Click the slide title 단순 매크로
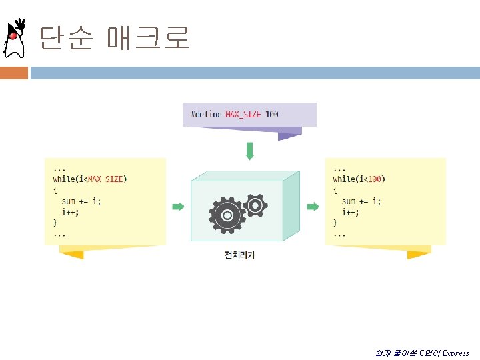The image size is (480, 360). pyautogui.click(x=114, y=38)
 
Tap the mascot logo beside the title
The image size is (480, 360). pyautogui.click(x=15, y=39)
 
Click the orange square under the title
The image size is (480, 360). pyautogui.click(x=13, y=73)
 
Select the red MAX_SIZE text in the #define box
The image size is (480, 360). pyautogui.click(x=243, y=114)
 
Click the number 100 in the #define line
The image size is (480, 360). pyautogui.click(x=272, y=114)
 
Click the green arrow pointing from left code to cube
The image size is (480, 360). pyautogui.click(x=178, y=207)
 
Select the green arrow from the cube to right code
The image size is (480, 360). pyautogui.click(x=313, y=207)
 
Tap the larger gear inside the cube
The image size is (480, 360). pyautogui.click(x=227, y=215)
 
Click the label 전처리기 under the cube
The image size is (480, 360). pyautogui.click(x=239, y=255)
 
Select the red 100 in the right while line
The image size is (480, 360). pyautogui.click(x=375, y=179)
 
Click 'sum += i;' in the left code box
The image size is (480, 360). pyautogui.click(x=81, y=201)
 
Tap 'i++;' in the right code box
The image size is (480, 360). pyautogui.click(x=351, y=212)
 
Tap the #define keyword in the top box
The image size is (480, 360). pyautogui.click(x=206, y=114)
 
